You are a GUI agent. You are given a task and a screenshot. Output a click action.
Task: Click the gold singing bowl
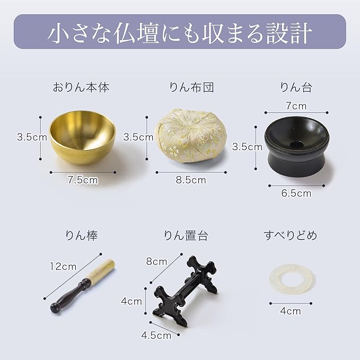[82, 137]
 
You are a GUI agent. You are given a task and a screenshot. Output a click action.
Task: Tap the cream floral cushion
[191, 136]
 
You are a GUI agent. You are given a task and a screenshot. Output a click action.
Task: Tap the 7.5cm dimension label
[83, 180]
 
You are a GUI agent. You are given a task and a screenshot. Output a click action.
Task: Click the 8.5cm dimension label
[191, 180]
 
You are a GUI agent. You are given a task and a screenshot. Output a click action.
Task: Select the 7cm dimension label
[296, 106]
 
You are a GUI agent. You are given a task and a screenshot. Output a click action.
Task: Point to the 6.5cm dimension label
[296, 194]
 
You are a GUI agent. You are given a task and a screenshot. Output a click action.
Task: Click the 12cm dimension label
[63, 266]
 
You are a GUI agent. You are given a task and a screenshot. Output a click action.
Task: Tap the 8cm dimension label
[156, 261]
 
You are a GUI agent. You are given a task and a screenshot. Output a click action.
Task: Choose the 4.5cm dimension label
[156, 336]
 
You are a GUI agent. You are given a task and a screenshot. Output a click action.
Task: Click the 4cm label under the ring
[290, 311]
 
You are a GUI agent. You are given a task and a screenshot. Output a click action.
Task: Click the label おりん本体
[81, 87]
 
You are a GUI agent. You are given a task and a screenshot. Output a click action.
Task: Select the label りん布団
[191, 87]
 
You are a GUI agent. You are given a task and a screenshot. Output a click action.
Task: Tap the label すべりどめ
[290, 235]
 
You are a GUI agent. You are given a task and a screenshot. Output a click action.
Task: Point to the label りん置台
[186, 235]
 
